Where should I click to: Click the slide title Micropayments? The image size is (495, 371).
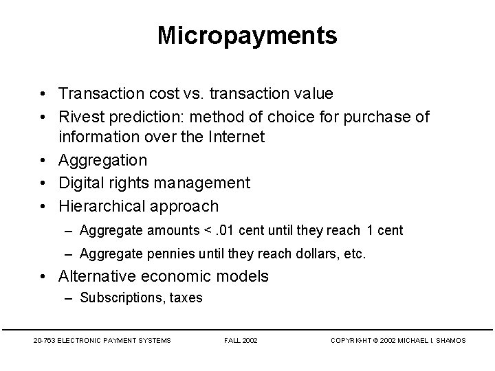pos(247,36)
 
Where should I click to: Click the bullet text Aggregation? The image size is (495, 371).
pos(103,160)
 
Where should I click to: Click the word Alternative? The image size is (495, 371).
pos(100,276)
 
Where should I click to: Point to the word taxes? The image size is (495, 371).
pos(186,297)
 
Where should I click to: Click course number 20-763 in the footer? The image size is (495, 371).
pos(43,340)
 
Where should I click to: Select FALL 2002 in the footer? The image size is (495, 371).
pos(241,340)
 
